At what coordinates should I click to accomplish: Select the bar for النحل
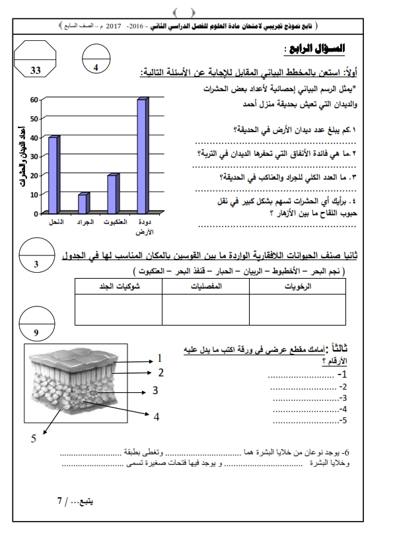pyautogui.click(x=54, y=175)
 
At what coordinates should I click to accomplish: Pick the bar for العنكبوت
pyautogui.click(x=112, y=194)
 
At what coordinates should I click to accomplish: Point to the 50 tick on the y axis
pyautogui.click(x=34, y=118)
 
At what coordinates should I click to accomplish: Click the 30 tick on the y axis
pyautogui.click(x=34, y=156)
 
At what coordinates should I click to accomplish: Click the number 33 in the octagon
pyautogui.click(x=36, y=70)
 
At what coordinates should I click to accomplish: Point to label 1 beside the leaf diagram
pyautogui.click(x=159, y=358)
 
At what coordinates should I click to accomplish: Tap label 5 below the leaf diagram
pyautogui.click(x=34, y=439)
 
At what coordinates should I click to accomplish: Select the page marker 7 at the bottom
pyautogui.click(x=60, y=501)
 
